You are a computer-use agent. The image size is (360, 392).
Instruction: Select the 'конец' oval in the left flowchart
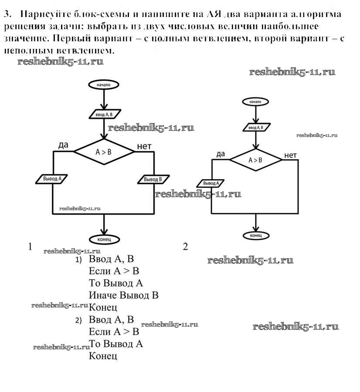[x=104, y=239]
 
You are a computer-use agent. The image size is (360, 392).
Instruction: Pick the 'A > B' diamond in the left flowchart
[x=104, y=152]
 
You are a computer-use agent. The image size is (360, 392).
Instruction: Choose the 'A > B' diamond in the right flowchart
[x=255, y=160]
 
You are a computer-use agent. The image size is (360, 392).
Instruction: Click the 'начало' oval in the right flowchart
[x=255, y=102]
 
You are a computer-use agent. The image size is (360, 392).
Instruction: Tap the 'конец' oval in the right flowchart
[x=255, y=235]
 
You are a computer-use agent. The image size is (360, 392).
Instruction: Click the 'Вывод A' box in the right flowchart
[x=211, y=184]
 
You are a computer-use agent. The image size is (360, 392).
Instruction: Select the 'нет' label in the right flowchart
[x=290, y=155]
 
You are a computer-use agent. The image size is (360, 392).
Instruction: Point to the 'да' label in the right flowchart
[x=221, y=153]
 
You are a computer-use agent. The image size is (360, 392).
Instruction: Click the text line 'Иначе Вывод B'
[x=123, y=295]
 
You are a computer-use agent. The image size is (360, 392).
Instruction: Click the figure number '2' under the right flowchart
[x=185, y=247]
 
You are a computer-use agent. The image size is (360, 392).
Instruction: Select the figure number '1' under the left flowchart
[x=30, y=246]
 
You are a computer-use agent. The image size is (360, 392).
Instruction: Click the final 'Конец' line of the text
[x=103, y=356]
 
